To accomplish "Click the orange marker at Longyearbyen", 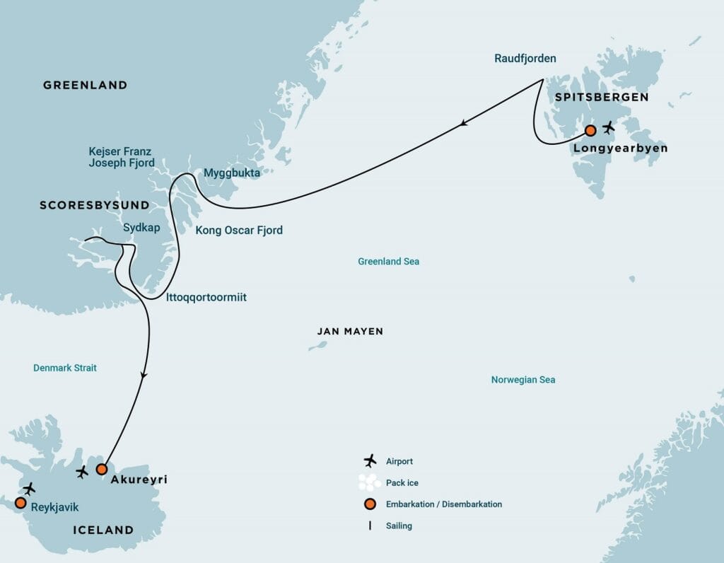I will (590, 130).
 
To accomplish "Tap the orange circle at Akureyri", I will (101, 469).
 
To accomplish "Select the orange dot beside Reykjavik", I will (20, 503).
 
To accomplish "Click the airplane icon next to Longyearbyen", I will (608, 128).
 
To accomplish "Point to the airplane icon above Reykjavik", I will (29, 488).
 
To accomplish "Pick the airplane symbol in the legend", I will (369, 461).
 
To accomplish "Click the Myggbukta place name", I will (231, 173).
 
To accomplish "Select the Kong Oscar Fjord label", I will (239, 230).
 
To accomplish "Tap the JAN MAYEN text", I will (350, 331).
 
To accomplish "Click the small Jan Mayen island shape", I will (318, 347).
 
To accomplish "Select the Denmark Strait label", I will (65, 368).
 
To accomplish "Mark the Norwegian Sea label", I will (523, 380).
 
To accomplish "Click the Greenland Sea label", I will (388, 262).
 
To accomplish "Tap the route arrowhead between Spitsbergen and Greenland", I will (463, 124).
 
